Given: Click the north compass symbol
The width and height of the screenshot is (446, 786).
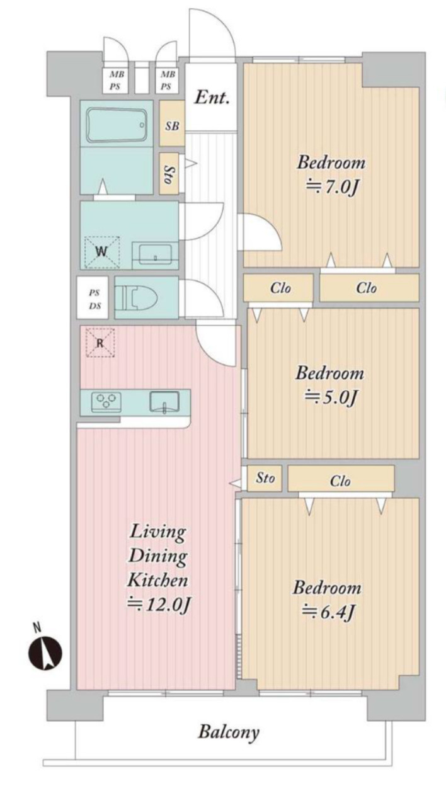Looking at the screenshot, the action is click(x=45, y=654).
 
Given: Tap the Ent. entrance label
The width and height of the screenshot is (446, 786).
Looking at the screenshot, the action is click(x=212, y=97).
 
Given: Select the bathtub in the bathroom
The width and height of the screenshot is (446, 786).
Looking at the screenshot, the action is click(x=117, y=125).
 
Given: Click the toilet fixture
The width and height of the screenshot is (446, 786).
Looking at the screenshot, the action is click(x=137, y=297).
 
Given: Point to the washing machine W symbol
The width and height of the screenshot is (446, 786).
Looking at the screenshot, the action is click(x=102, y=253).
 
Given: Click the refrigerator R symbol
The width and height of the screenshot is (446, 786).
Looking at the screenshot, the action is click(x=101, y=343).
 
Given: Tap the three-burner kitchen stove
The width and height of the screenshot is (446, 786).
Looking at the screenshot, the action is click(x=106, y=402).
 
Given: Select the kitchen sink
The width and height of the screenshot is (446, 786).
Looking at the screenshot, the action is click(x=164, y=402).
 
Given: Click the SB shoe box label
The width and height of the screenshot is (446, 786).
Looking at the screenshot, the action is click(x=172, y=126).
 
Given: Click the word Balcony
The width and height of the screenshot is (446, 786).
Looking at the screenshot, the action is click(x=229, y=732).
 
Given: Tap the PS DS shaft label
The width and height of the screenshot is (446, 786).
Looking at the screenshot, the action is click(x=94, y=299).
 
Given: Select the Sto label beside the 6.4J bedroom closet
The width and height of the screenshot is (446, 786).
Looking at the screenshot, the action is click(x=265, y=477).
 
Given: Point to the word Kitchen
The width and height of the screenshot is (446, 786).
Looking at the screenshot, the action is click(x=157, y=579).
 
